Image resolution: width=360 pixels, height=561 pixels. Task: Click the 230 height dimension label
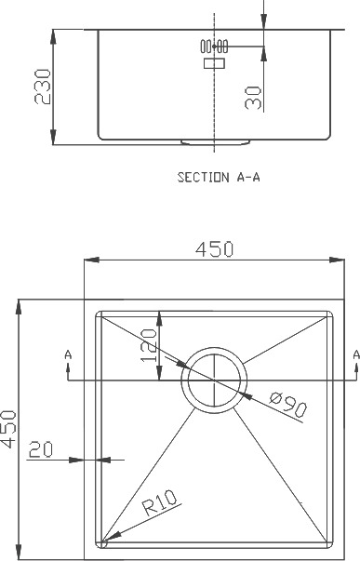click(43, 87)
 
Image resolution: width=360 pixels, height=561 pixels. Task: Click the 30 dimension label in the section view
click(253, 98)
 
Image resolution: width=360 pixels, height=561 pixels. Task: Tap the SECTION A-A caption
click(219, 177)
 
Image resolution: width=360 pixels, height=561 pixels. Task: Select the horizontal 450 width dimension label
click(214, 249)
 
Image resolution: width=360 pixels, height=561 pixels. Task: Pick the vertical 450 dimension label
click(8, 429)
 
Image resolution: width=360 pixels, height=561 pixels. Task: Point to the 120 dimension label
click(149, 345)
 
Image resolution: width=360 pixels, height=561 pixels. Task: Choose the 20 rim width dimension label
click(40, 449)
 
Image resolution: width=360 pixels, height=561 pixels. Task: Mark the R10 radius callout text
click(160, 502)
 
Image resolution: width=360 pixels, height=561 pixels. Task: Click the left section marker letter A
click(68, 354)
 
